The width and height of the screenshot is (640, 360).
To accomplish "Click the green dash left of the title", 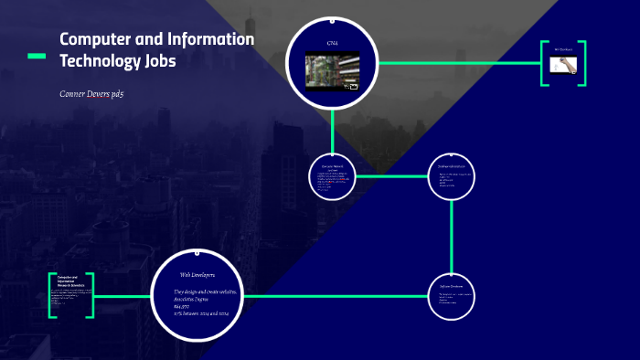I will pos(37,56).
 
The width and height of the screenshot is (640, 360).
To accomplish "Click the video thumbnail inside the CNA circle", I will pos(331,70).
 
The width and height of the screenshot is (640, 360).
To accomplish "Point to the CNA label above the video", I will pos(331,44).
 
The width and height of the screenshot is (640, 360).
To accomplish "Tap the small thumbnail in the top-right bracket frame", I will pos(562,64).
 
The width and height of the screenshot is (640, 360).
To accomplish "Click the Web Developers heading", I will pos(197,274).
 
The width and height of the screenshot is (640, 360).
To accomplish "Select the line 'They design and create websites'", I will pos(205,291).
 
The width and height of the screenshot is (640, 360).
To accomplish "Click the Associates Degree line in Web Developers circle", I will pos(195,298).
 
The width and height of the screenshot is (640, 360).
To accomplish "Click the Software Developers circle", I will pos(452,296).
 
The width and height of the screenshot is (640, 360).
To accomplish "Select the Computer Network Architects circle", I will pos(332,175).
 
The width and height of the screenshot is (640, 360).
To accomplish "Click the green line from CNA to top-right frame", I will pos(457,63).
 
